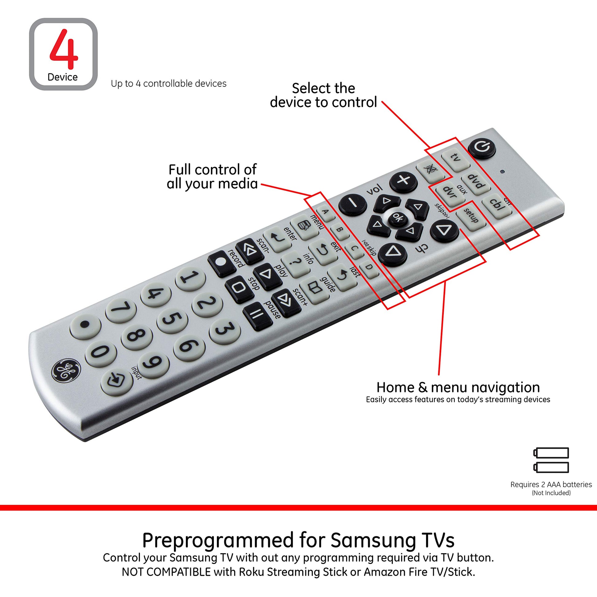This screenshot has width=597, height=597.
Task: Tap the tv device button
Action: click(x=456, y=158)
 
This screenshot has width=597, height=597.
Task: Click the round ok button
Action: click(x=398, y=218)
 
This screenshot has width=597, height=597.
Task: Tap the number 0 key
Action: click(x=101, y=352)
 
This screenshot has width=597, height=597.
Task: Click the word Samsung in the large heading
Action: click(x=374, y=541)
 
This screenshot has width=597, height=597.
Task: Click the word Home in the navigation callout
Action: click(x=395, y=387)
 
